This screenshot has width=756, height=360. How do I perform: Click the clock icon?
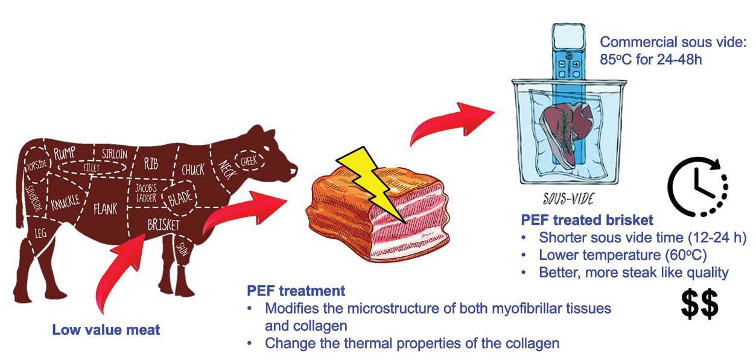point(697,185)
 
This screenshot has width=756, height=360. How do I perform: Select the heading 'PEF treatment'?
point(296,291)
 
